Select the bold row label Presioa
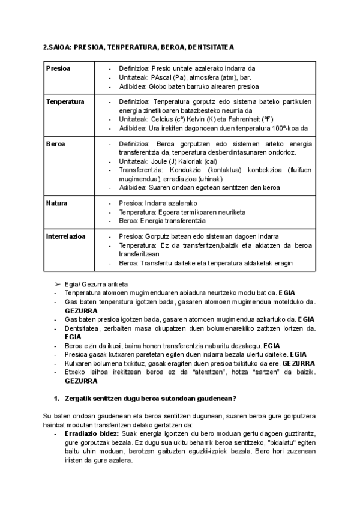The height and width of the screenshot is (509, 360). pos(58,68)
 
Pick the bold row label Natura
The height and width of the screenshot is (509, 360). pos(56,203)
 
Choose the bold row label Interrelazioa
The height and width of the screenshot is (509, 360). pos(66,236)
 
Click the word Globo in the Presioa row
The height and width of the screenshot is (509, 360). pos(158,86)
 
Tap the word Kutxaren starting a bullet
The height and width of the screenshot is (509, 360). pos(78,363)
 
